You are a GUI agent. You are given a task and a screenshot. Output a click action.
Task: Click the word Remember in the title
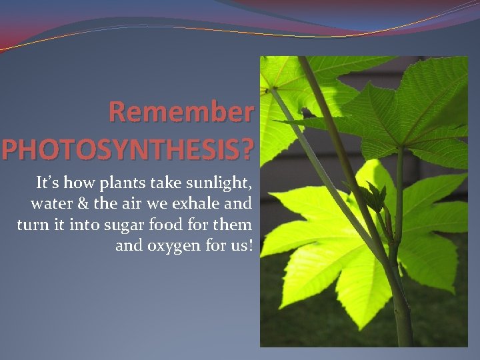pyautogui.click(x=181, y=112)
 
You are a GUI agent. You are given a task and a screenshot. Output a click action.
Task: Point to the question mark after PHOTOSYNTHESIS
pyautogui.click(x=247, y=149)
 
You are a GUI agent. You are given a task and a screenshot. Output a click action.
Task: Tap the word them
pyautogui.click(x=233, y=225)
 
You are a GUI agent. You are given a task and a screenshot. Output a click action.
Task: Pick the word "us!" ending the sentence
pyautogui.click(x=240, y=246)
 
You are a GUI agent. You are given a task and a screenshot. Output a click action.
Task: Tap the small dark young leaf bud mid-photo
pyautogui.click(x=376, y=196)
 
